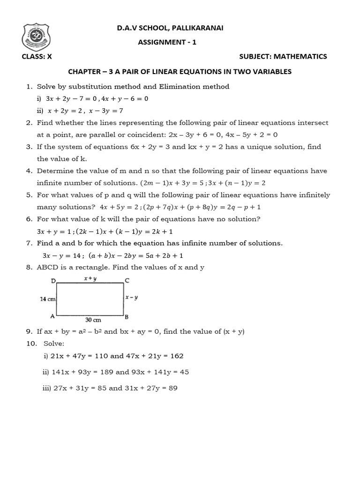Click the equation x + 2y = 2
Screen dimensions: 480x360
tap(65, 111)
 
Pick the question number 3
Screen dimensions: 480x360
tap(28, 147)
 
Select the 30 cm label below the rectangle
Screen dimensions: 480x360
tap(92, 321)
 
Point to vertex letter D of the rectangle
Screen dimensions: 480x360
tap(53, 281)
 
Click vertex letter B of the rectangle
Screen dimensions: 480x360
tap(127, 316)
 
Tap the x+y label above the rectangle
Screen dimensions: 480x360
tap(90, 278)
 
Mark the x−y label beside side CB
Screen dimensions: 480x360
tap(132, 298)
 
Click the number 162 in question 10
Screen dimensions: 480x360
tap(177, 356)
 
